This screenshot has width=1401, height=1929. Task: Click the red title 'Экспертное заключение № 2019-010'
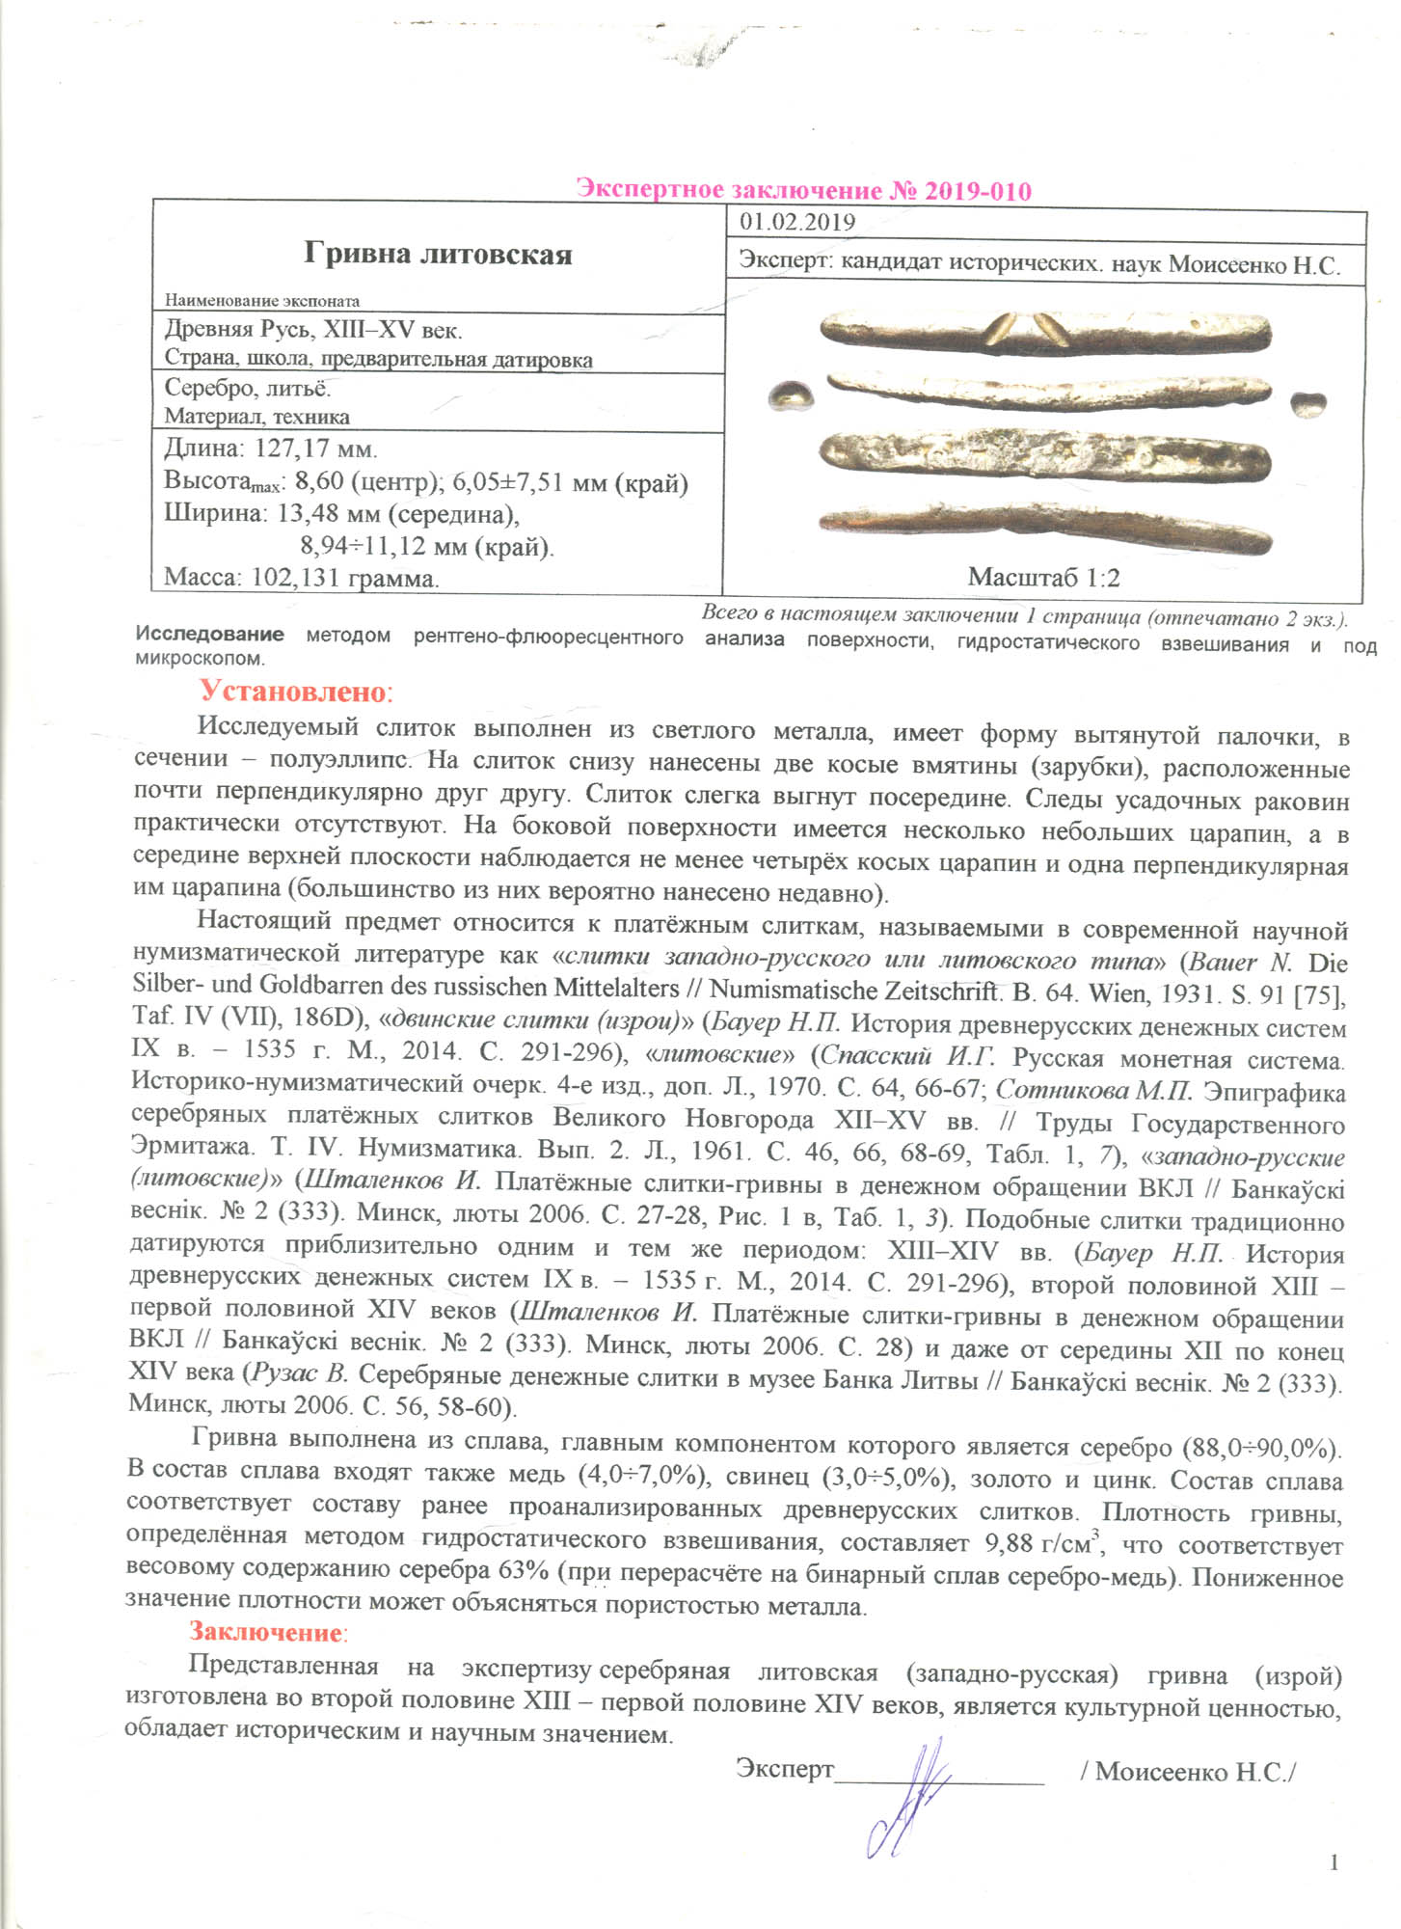coord(803,189)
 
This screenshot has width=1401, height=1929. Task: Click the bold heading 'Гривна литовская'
coord(438,254)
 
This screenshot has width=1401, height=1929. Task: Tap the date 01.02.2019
coord(797,222)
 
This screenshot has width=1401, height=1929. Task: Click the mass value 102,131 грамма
coord(344,578)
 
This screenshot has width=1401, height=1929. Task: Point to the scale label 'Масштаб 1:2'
coord(1043,577)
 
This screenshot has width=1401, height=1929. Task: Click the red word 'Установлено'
coord(293,692)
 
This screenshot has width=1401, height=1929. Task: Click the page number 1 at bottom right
coord(1334,1861)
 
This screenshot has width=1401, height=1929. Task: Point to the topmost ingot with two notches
coord(1045,331)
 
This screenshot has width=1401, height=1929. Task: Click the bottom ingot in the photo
coord(1045,525)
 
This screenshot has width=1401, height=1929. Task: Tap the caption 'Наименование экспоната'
coord(261,300)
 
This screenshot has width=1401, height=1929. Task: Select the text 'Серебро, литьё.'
coord(248,388)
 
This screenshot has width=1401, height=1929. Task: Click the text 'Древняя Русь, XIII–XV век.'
coord(313,329)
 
